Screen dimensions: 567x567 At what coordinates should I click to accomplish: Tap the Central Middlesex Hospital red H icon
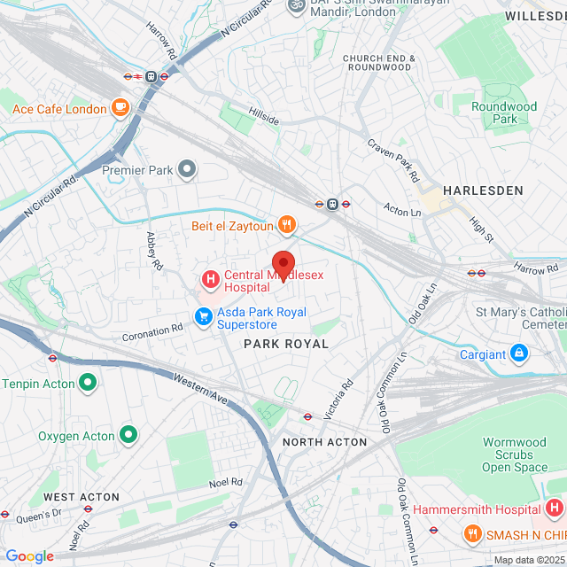pyautogui.click(x=211, y=281)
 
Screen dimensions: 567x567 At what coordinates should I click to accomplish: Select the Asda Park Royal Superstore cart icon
pyautogui.click(x=204, y=316)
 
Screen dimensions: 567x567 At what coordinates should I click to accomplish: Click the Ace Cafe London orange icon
pyautogui.click(x=120, y=109)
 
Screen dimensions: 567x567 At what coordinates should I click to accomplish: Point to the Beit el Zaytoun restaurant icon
pyautogui.click(x=285, y=226)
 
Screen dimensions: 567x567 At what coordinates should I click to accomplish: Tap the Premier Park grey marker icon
pyautogui.click(x=187, y=168)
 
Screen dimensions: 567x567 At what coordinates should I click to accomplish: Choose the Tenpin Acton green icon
pyautogui.click(x=87, y=383)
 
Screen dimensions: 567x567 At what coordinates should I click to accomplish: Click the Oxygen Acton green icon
pyautogui.click(x=128, y=435)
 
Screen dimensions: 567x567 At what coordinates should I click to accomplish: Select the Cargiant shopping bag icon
pyautogui.click(x=519, y=354)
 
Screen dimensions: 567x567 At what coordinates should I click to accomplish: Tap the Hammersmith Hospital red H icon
pyautogui.click(x=554, y=509)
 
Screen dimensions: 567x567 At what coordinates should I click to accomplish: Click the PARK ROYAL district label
pyautogui.click(x=285, y=343)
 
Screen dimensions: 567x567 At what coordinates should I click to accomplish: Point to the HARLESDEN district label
pyautogui.click(x=483, y=190)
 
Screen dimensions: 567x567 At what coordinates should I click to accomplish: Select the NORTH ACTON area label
pyautogui.click(x=324, y=442)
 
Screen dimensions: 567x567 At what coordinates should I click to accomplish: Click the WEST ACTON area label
pyautogui.click(x=82, y=497)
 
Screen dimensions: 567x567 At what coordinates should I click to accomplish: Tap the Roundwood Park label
pyautogui.click(x=504, y=113)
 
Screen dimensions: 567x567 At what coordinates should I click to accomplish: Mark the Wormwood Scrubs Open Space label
pyautogui.click(x=515, y=454)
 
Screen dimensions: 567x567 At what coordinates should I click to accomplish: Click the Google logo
pyautogui.click(x=29, y=556)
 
